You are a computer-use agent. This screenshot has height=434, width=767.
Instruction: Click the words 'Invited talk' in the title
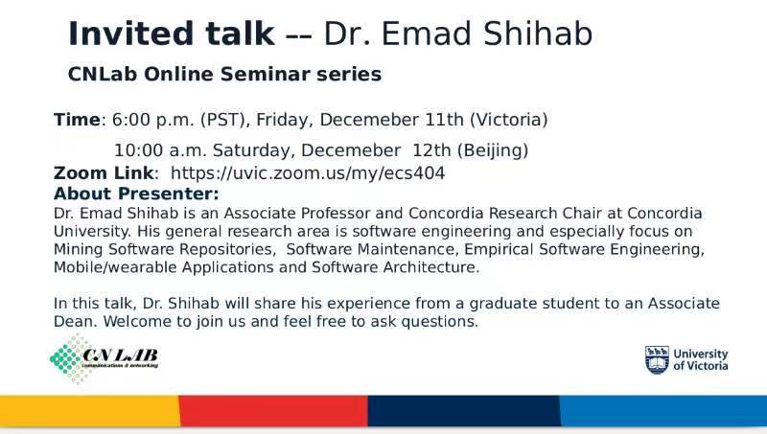tap(172, 34)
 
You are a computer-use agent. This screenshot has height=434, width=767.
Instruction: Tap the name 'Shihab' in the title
tap(538, 34)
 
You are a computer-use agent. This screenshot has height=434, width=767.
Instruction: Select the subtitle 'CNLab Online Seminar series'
tap(224, 75)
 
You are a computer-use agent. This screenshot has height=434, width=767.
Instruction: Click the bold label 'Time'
tap(77, 119)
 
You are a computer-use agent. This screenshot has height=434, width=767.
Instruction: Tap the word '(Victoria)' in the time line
tap(509, 120)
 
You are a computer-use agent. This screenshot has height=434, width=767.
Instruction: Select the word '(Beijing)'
tap(493, 150)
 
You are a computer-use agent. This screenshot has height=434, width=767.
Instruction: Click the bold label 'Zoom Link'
tap(104, 173)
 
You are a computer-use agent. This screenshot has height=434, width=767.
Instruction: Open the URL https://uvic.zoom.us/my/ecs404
tap(308, 173)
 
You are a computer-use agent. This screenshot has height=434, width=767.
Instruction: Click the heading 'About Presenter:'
tap(136, 194)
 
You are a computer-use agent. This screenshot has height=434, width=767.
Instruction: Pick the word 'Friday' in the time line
tap(285, 120)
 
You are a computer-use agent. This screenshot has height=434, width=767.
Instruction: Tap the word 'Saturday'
tap(254, 150)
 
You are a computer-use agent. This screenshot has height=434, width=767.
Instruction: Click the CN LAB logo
tap(105, 358)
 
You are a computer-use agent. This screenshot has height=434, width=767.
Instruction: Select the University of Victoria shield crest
tap(657, 359)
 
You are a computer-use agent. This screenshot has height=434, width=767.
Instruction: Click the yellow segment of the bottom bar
tap(90, 411)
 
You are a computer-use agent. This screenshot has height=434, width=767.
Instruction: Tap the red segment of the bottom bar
tap(273, 411)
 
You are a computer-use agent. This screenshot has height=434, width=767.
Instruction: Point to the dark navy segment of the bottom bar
tap(464, 411)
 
